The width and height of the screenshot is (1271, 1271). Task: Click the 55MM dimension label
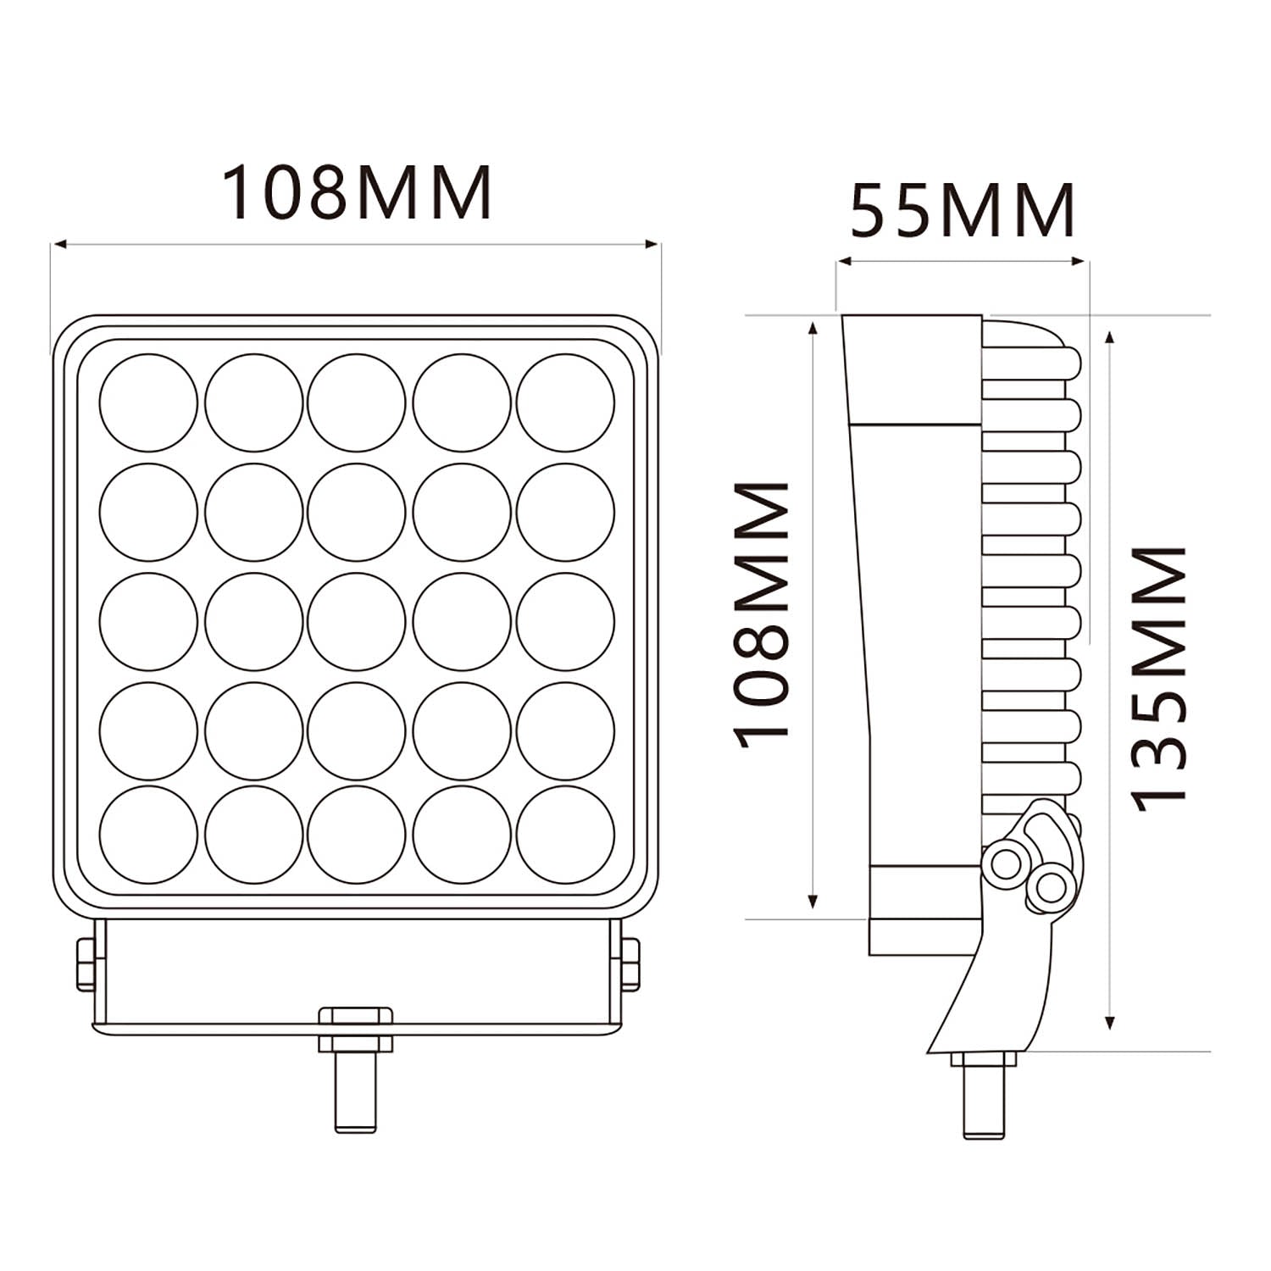(x=963, y=211)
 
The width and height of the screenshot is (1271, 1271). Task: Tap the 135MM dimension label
(x=1159, y=678)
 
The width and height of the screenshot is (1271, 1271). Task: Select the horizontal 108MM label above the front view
(x=357, y=192)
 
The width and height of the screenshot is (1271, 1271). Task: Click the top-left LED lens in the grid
(x=148, y=402)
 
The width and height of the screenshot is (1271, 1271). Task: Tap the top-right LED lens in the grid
(x=565, y=402)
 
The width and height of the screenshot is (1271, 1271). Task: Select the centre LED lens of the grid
(x=357, y=621)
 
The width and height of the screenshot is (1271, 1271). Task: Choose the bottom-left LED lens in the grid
(x=148, y=834)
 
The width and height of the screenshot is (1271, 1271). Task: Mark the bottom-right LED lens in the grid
(x=565, y=834)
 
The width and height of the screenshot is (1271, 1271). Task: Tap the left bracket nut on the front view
(x=86, y=964)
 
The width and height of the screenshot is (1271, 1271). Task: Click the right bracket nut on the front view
(x=630, y=964)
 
